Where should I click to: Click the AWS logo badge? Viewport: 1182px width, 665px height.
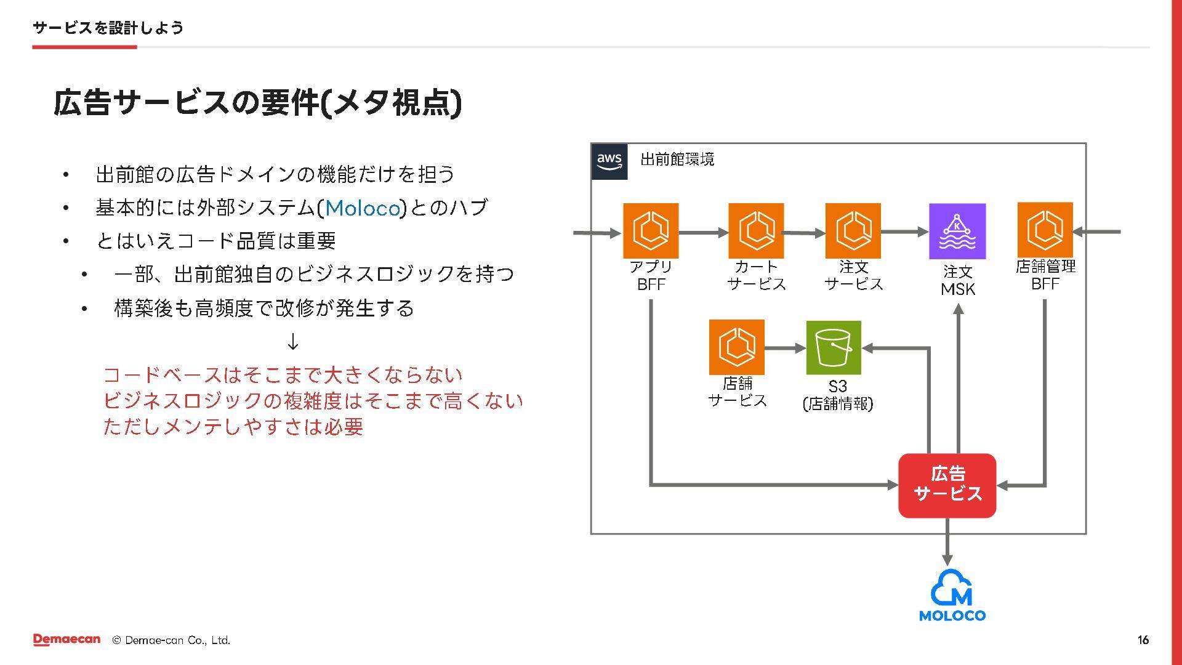(x=609, y=161)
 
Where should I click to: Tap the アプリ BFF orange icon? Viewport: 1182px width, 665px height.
(x=651, y=231)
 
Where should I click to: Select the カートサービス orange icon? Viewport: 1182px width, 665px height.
(x=756, y=231)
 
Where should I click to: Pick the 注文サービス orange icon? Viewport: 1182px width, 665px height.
(x=853, y=231)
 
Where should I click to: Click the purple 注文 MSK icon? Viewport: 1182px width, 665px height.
(x=957, y=232)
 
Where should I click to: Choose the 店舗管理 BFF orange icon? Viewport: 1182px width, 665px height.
(x=1045, y=230)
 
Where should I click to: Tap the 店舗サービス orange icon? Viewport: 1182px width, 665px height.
(x=736, y=347)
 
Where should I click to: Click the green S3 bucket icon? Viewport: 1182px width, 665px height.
(x=834, y=347)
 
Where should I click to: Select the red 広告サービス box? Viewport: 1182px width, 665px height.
(x=947, y=485)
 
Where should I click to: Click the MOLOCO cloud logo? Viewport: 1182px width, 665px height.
(x=952, y=595)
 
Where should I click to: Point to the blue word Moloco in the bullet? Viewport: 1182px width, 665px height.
(x=363, y=208)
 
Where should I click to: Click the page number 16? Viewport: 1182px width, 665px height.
(x=1143, y=640)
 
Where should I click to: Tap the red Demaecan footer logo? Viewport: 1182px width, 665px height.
(x=66, y=640)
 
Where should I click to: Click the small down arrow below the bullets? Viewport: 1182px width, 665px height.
(x=293, y=341)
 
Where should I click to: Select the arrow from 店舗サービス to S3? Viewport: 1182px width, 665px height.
(x=785, y=348)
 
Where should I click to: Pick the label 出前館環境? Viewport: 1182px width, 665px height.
(x=677, y=159)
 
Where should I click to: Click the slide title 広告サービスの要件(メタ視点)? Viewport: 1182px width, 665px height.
(x=257, y=103)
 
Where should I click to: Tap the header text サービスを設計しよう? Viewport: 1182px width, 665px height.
(x=108, y=28)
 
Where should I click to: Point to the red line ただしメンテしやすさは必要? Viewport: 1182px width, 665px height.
(x=233, y=427)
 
